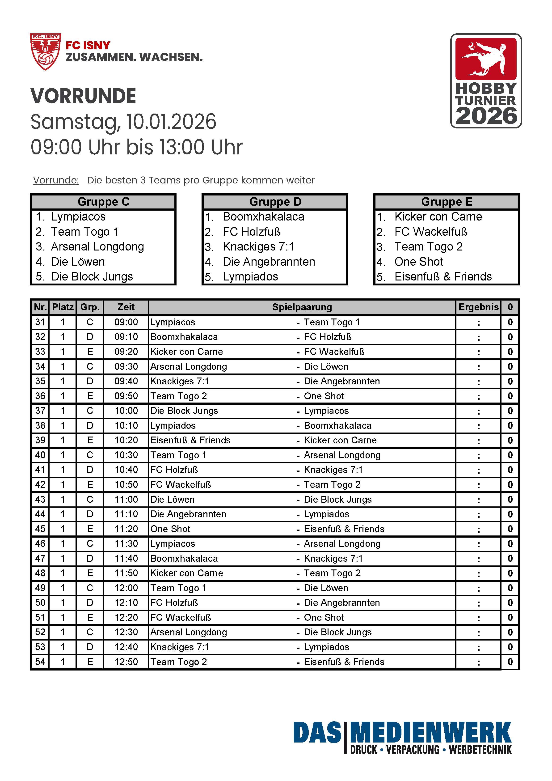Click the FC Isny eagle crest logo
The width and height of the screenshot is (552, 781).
[46, 51]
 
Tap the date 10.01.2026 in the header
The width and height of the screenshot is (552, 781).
[171, 122]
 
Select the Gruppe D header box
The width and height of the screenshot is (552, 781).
[275, 202]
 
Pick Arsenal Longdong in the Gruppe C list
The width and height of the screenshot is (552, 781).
[97, 247]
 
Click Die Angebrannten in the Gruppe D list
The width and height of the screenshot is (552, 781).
[269, 262]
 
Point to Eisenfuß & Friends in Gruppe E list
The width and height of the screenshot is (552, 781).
[443, 276]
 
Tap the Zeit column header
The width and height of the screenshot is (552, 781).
[126, 307]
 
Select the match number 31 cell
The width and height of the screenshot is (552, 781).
[40, 322]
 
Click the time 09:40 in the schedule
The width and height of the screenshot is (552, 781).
[126, 381]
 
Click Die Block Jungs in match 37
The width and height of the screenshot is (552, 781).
[184, 411]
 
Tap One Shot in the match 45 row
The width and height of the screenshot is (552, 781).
[170, 529]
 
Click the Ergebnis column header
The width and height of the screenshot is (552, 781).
[478, 307]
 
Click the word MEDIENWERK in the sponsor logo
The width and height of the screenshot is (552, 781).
[430, 733]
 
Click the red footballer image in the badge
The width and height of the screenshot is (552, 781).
[486, 59]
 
